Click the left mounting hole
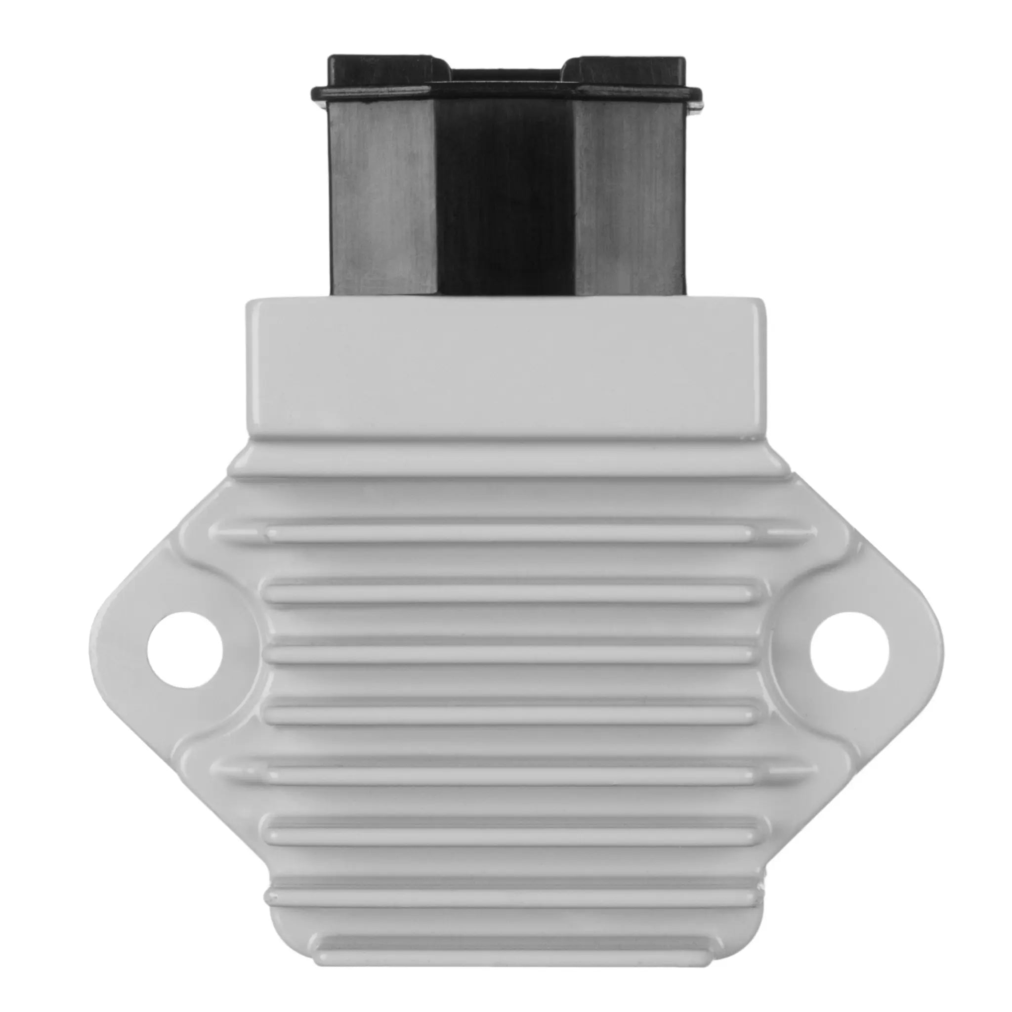click(185, 649)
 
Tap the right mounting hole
click(849, 649)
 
